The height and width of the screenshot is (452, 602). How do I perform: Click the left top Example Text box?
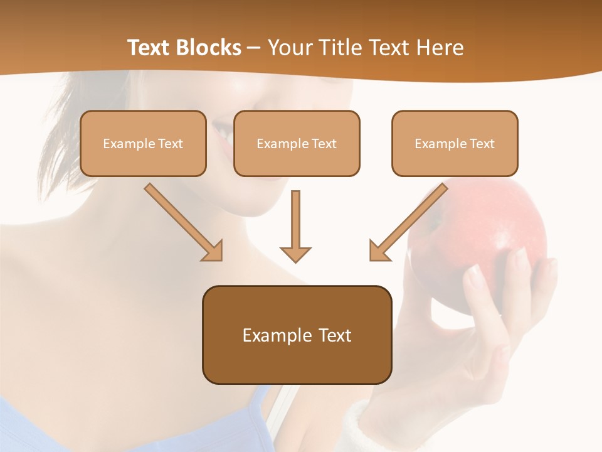click(143, 143)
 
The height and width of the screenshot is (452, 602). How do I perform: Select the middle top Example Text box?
click(297, 143)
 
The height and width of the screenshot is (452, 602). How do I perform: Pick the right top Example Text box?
click(455, 143)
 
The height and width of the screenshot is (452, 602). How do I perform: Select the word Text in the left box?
click(170, 143)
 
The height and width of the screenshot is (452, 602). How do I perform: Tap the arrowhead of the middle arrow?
click(295, 254)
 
